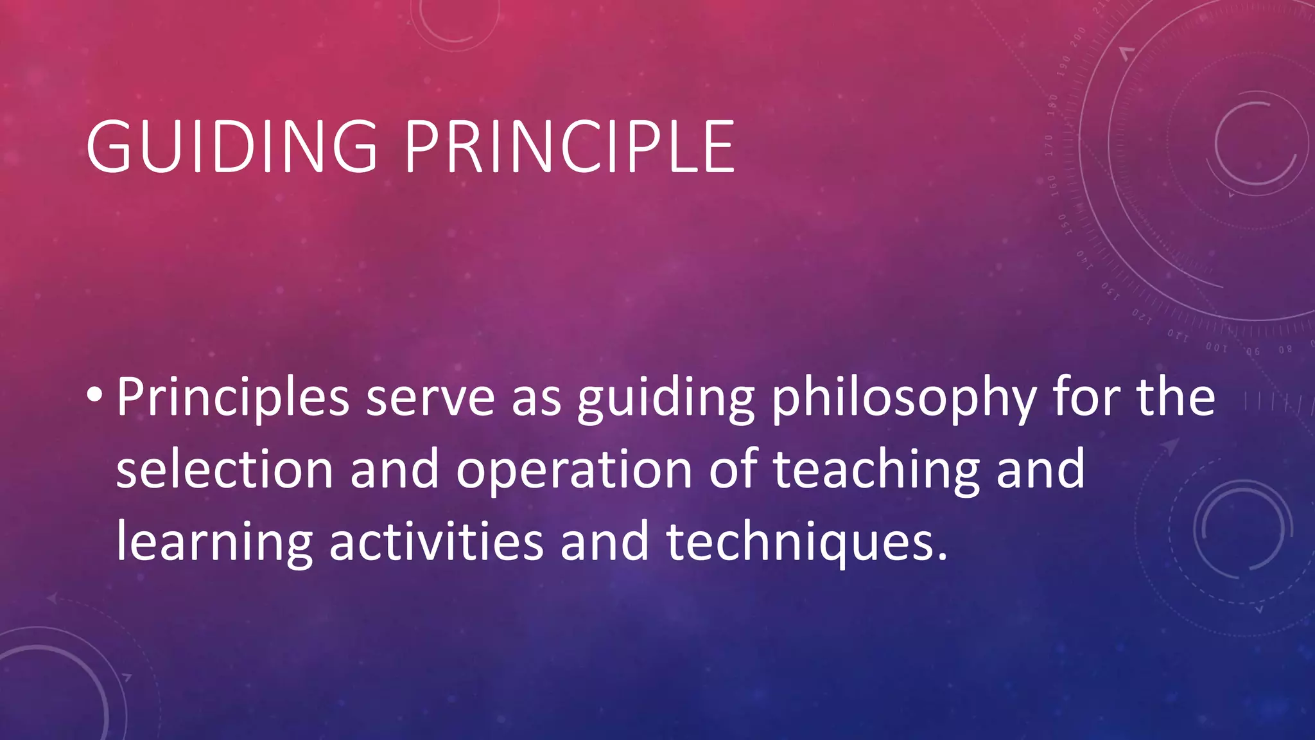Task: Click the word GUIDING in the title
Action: pos(232,147)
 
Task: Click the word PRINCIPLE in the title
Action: pos(570,147)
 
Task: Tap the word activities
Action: pos(436,542)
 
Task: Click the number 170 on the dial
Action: pos(1049,146)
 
